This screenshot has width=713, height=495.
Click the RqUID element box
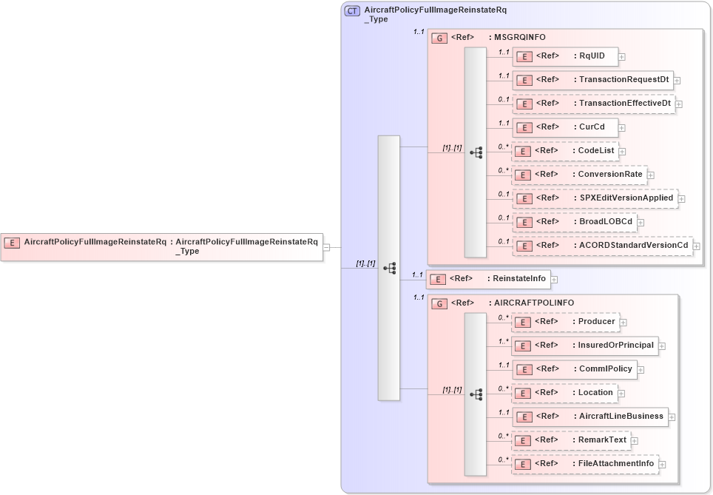[x=565, y=55]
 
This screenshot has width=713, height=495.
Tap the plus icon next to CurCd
[x=623, y=127]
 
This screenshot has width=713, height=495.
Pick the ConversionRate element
[x=579, y=175]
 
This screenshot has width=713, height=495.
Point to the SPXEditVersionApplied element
[x=595, y=198]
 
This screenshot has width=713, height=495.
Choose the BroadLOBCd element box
[x=574, y=222]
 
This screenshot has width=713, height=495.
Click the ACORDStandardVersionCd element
[x=602, y=245]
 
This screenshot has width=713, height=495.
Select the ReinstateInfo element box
[x=489, y=279]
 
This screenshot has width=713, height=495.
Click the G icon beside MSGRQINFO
[x=439, y=38]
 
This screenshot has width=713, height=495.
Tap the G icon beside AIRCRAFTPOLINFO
[x=439, y=303]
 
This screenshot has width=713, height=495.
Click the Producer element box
[x=566, y=322]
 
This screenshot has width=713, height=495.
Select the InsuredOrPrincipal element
[x=585, y=345]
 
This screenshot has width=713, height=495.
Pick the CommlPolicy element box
[x=574, y=368]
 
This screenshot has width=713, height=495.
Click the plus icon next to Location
[x=622, y=394]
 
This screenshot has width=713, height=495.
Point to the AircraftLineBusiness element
[x=589, y=417]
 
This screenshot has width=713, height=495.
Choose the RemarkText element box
[x=571, y=440]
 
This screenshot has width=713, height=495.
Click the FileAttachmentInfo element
[x=585, y=464]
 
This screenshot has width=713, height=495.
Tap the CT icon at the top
[x=353, y=11]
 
